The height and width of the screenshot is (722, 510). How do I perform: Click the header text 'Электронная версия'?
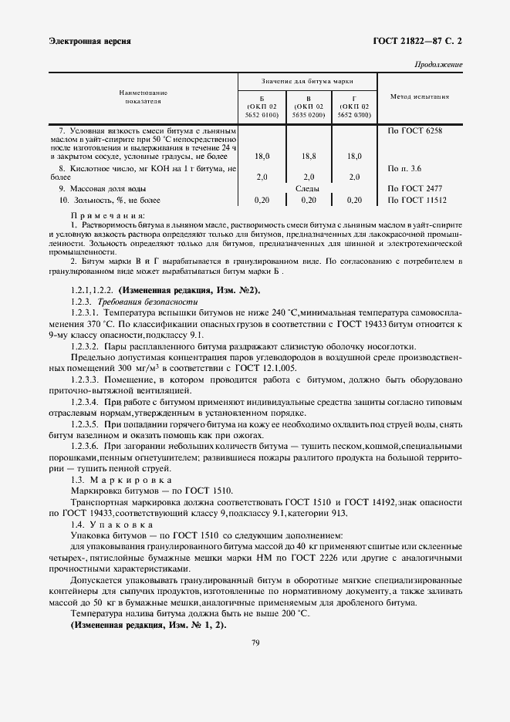[x=89, y=41]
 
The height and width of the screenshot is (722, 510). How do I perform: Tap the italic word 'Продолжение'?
[x=438, y=65]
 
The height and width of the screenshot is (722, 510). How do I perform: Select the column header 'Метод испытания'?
[x=420, y=97]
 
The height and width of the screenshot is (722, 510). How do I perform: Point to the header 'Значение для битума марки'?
[x=307, y=79]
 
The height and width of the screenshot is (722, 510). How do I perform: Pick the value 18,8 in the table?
[x=308, y=156]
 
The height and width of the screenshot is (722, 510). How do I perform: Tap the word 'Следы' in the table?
[x=307, y=187]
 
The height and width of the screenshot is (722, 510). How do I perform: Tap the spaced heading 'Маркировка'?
[x=130, y=480]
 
